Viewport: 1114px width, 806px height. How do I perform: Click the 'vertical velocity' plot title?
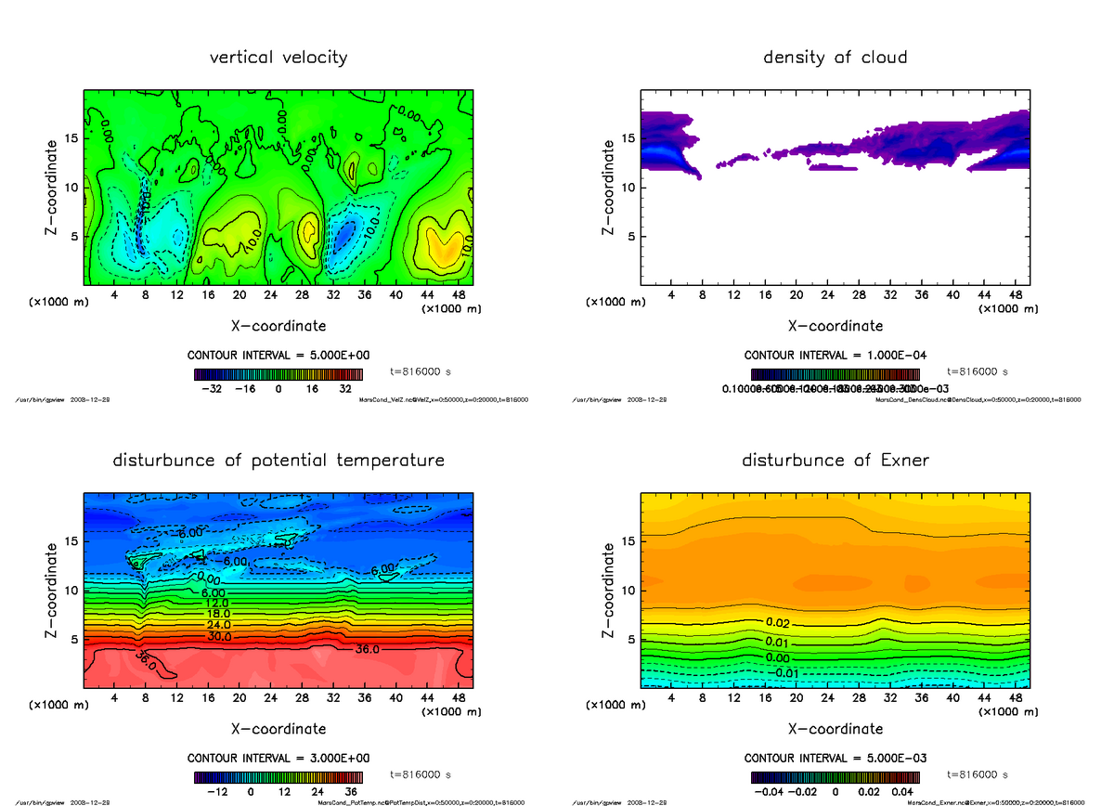[x=278, y=58]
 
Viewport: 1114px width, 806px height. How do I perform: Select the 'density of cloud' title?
[x=835, y=58]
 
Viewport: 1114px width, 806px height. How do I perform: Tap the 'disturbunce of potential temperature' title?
[x=278, y=461]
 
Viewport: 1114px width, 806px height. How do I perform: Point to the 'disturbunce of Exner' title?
[x=835, y=461]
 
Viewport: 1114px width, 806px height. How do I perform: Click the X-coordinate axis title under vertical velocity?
[x=278, y=326]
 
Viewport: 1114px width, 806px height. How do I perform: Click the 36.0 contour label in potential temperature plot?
[x=369, y=649]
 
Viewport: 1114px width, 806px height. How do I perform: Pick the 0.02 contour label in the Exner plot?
[x=778, y=622]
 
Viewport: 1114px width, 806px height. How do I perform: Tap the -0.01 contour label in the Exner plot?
[x=785, y=673]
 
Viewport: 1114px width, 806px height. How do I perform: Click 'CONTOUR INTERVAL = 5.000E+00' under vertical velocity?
[x=278, y=356]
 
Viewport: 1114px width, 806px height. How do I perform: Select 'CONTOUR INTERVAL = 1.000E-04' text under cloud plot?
[x=835, y=356]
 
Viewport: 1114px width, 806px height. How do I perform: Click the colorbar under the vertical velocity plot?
[x=278, y=375]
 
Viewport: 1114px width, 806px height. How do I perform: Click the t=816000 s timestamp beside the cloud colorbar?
[x=977, y=371]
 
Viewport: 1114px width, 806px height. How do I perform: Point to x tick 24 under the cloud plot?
[x=827, y=295]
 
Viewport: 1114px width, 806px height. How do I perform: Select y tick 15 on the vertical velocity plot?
[x=70, y=138]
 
